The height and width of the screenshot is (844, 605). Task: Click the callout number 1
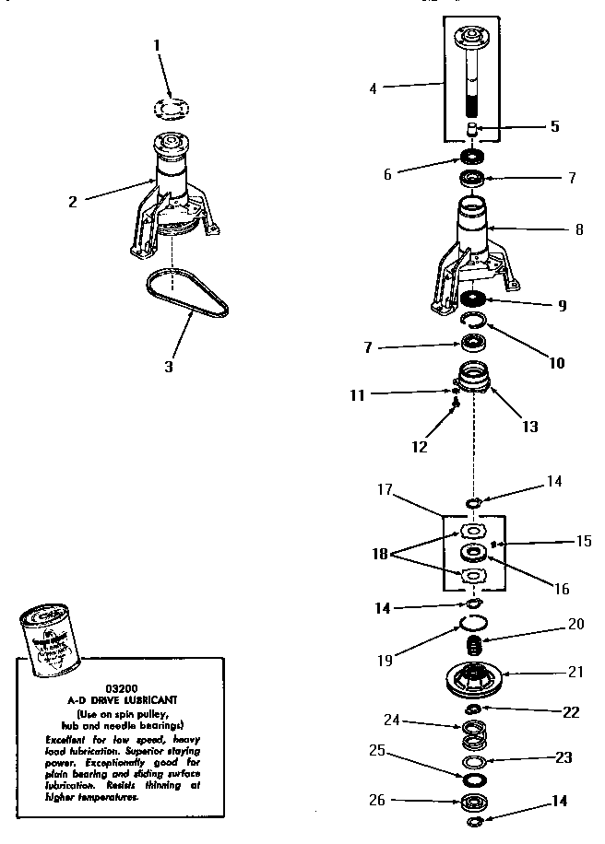[157, 44]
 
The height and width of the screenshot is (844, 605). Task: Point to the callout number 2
[73, 203]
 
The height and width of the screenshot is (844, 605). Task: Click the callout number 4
[373, 88]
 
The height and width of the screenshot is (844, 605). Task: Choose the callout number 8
[578, 229]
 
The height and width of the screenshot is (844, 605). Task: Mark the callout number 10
[556, 363]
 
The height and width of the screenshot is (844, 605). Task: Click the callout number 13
[531, 427]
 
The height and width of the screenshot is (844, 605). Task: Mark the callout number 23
[563, 757]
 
